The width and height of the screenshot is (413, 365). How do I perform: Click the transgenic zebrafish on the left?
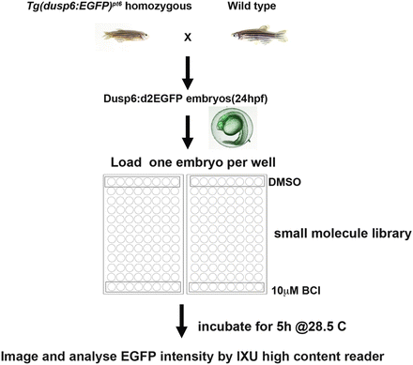coord(122,38)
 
